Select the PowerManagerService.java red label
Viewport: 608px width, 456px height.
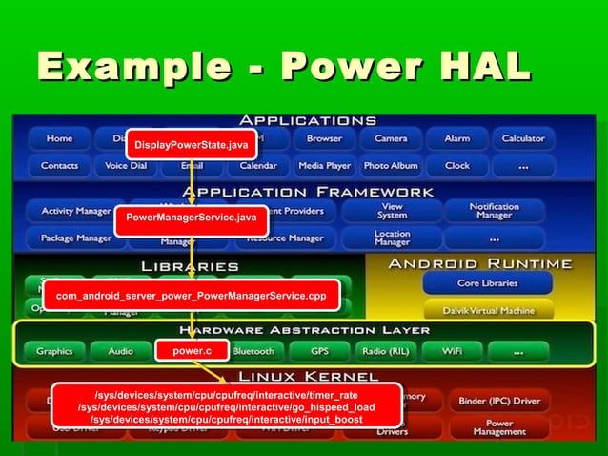pos(191,218)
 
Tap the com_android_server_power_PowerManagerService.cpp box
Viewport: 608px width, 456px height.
pos(191,296)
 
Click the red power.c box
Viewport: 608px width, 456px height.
pos(192,351)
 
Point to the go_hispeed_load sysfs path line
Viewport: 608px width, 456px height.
pos(226,407)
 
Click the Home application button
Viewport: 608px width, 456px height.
pos(59,139)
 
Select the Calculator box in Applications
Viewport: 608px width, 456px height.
pos(523,139)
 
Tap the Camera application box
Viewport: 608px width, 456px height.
pos(391,139)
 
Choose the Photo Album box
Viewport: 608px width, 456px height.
pos(391,165)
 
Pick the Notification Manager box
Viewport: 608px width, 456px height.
pos(494,211)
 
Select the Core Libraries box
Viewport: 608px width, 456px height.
pos(488,283)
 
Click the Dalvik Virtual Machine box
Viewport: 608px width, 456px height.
pos(488,309)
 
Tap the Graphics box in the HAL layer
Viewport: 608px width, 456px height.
pos(54,351)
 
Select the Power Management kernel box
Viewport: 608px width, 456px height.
pos(498,427)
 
